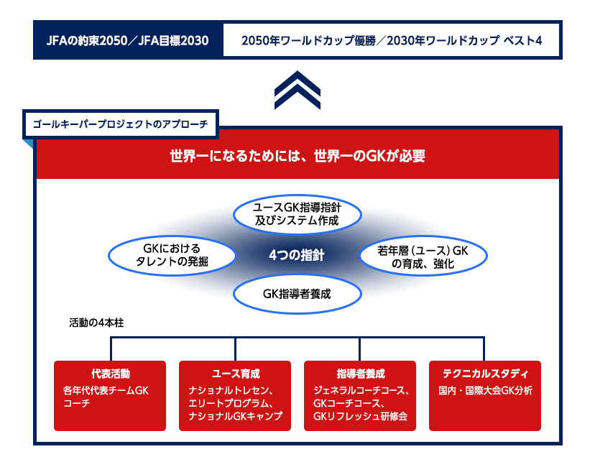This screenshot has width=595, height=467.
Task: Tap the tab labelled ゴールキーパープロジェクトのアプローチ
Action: tap(121, 124)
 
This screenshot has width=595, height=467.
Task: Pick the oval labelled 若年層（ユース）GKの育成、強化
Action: tap(423, 257)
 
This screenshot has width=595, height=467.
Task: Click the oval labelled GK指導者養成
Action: tap(297, 293)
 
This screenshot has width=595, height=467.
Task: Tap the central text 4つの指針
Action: tap(297, 254)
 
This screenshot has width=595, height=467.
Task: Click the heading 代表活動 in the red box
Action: tap(110, 374)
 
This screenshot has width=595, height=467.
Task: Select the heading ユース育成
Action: tap(235, 374)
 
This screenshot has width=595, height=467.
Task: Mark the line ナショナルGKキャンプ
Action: tap(235, 417)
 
